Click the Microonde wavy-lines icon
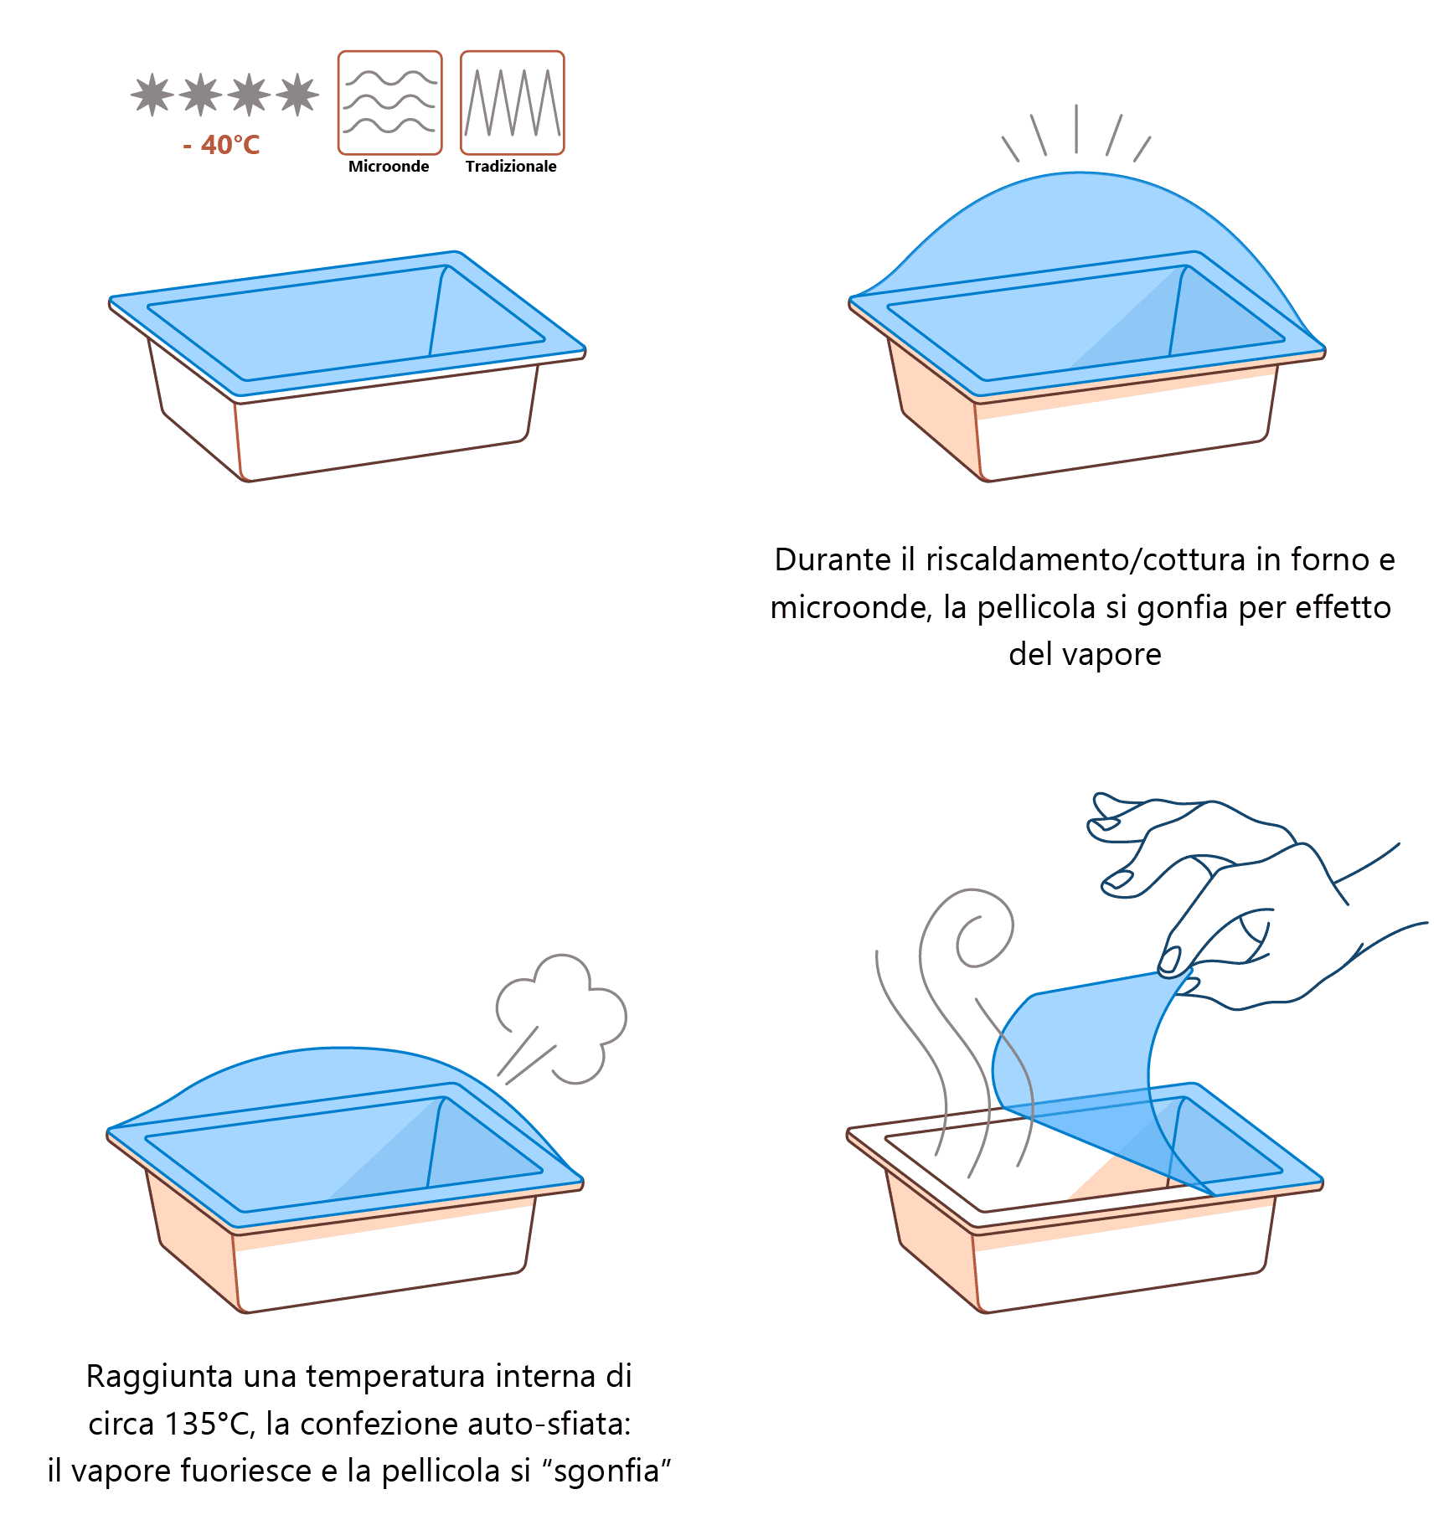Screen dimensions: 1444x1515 389,103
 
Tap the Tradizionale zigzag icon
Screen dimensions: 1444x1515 513,103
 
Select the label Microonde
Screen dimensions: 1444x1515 389,166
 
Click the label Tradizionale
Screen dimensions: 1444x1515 511,166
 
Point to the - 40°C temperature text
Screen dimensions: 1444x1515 221,145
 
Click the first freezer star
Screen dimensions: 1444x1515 152,95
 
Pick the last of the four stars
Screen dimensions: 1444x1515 297,95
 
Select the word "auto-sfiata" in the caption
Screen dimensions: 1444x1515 544,1424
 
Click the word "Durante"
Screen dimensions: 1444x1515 833,559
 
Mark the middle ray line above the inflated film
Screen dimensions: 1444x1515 1076,129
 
